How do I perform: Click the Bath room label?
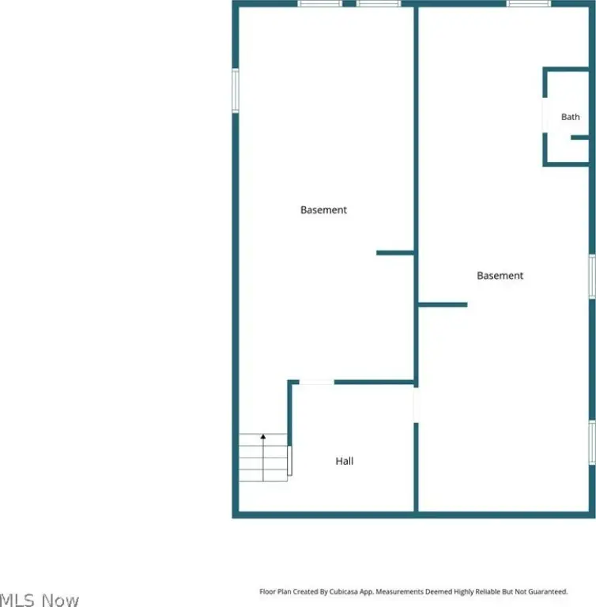point(571,116)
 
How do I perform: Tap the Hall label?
point(345,461)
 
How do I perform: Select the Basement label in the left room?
point(324,209)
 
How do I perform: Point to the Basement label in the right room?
point(500,276)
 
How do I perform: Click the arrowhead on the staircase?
point(263,436)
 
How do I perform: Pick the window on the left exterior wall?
point(235,91)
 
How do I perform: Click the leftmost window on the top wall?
point(320,3)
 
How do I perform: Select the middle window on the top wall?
point(379,3)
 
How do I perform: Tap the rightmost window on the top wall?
point(529,3)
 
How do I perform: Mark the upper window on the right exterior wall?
point(592,277)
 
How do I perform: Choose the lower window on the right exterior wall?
point(592,443)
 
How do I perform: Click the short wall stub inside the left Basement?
point(395,253)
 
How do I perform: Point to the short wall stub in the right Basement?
point(443,304)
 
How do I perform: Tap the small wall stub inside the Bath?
point(579,138)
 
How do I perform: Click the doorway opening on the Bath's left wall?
point(545,115)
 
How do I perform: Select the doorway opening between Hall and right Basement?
point(416,405)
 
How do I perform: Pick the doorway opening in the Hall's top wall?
point(316,383)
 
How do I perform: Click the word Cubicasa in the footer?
point(344,591)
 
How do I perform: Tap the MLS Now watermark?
point(39,599)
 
